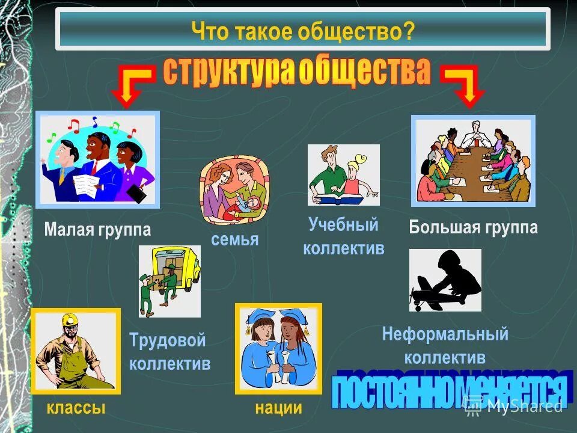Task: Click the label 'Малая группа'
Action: (97, 230)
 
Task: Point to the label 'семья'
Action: (235, 239)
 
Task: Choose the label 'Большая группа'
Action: (474, 227)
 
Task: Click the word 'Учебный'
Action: (344, 225)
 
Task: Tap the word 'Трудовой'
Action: (168, 340)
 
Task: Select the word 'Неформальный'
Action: (445, 334)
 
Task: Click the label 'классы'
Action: (76, 408)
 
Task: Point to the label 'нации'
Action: (278, 408)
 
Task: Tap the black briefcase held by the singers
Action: (137, 192)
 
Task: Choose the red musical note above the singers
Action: (73, 125)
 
